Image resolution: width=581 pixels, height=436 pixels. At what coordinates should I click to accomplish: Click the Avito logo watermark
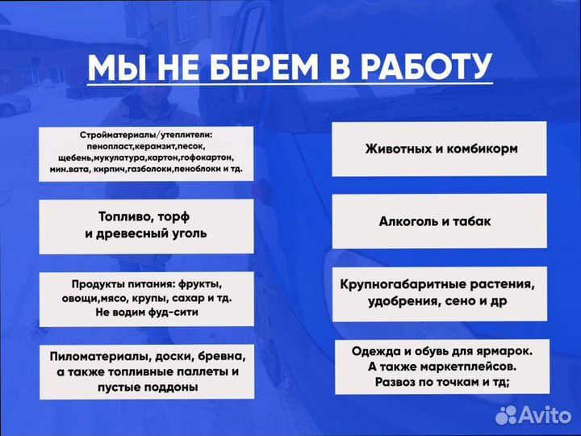(532, 413)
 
